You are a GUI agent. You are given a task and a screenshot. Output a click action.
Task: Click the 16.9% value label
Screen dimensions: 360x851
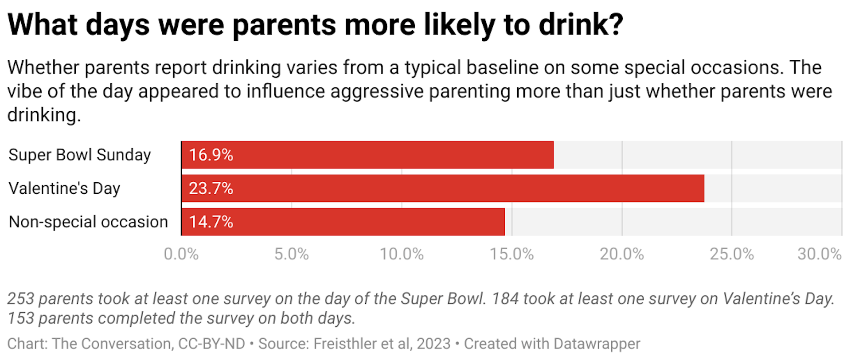tap(211, 155)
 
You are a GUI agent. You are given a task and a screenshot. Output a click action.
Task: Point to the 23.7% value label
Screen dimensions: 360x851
tap(211, 188)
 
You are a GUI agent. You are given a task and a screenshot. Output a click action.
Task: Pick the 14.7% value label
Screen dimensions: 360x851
tap(211, 222)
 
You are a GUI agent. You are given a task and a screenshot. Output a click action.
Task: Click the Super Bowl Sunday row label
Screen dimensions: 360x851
tap(80, 155)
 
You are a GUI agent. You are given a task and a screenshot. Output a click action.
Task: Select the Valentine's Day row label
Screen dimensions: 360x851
tap(64, 188)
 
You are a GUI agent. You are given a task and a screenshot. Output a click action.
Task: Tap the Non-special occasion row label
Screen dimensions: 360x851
tap(88, 222)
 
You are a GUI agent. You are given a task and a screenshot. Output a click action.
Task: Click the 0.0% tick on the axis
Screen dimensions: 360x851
tap(181, 254)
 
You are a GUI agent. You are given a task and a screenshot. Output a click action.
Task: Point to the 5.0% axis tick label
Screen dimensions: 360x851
tap(291, 254)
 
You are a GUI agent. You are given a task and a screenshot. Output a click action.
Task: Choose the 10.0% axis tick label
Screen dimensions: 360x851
tap(402, 254)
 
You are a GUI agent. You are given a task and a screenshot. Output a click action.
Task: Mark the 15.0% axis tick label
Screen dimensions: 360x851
tap(511, 254)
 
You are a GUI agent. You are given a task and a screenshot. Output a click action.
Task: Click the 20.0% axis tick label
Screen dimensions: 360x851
tap(621, 254)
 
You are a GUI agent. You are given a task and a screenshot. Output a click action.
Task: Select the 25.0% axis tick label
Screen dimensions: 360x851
tap(732, 254)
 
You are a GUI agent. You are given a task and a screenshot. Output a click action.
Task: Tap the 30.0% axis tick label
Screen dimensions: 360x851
tap(819, 254)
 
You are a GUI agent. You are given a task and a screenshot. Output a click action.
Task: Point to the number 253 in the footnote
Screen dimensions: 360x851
tap(20, 299)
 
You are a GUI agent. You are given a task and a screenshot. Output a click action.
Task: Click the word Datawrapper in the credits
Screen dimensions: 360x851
tap(597, 344)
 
